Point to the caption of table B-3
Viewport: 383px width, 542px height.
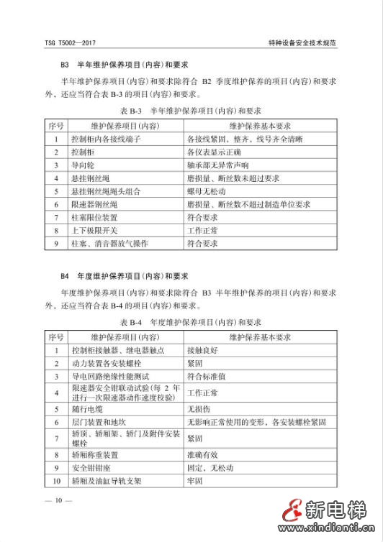190,111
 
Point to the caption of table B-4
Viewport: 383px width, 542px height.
190,322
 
